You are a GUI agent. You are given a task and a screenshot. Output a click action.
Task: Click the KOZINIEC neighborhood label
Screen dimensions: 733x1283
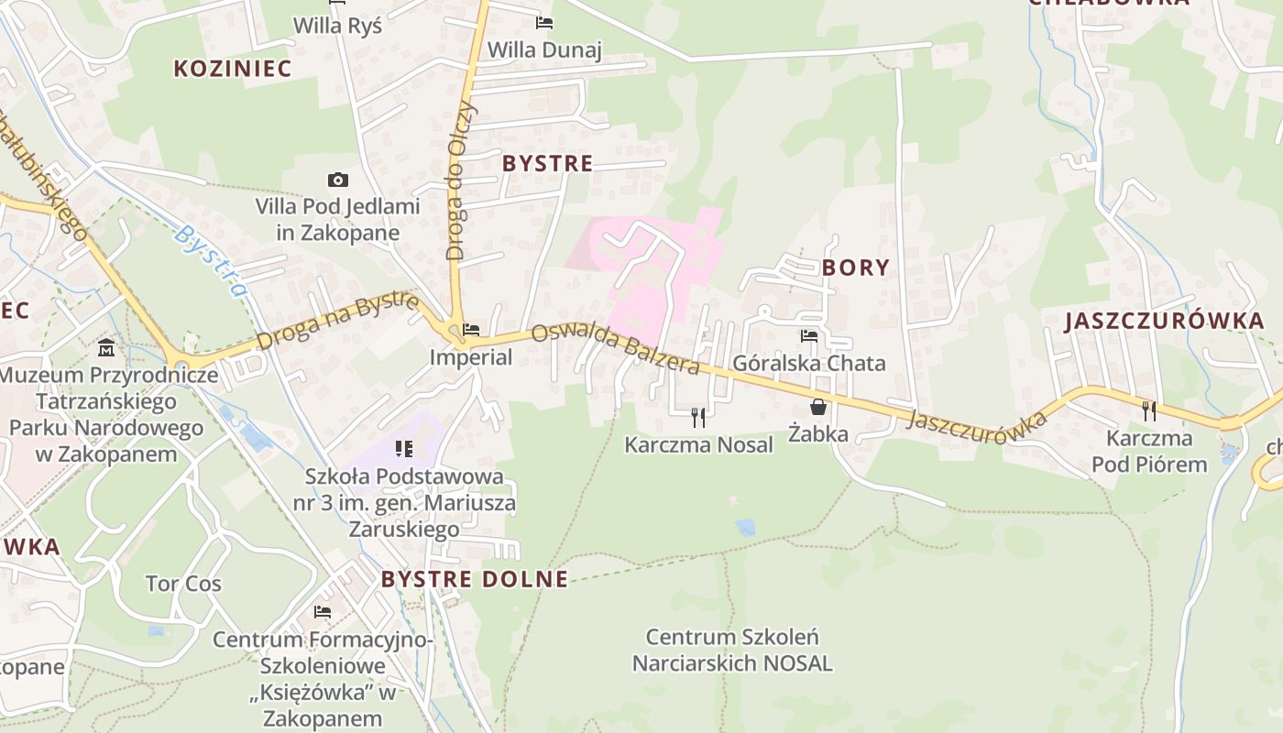pyautogui.click(x=232, y=68)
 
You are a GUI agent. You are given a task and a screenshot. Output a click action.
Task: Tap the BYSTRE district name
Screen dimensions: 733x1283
pyautogui.click(x=548, y=164)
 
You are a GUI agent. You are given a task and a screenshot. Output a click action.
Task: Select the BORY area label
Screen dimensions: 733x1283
pyautogui.click(x=855, y=268)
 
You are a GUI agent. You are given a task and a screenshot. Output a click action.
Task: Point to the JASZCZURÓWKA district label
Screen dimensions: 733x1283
pyautogui.click(x=1164, y=321)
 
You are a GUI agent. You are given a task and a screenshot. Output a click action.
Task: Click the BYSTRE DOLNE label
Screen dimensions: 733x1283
pyautogui.click(x=475, y=579)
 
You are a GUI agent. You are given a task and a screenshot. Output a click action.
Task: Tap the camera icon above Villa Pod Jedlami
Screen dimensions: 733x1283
pyautogui.click(x=337, y=181)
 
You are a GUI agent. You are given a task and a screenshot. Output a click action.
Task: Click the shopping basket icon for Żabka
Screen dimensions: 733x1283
pyautogui.click(x=817, y=407)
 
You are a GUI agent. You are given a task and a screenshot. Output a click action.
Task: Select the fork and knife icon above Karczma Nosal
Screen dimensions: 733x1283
pyautogui.click(x=698, y=418)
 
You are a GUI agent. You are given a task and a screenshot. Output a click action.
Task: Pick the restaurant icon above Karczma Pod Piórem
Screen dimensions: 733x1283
pyautogui.click(x=1149, y=410)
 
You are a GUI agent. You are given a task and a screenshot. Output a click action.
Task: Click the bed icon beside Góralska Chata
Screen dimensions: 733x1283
pyautogui.click(x=808, y=336)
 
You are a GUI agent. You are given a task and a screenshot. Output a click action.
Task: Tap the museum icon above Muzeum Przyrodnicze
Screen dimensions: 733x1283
pyautogui.click(x=106, y=349)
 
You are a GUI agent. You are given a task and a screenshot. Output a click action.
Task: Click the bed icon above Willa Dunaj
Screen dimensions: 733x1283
pyautogui.click(x=544, y=22)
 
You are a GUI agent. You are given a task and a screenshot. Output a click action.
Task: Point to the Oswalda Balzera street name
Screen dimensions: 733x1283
pyautogui.click(x=615, y=349)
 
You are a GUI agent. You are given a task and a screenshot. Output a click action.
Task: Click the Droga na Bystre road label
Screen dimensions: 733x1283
pyautogui.click(x=338, y=322)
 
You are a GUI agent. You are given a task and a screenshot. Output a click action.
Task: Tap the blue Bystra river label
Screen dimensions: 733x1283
pyautogui.click(x=212, y=261)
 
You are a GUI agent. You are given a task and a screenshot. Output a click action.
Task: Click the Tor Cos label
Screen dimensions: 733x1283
pyautogui.click(x=183, y=584)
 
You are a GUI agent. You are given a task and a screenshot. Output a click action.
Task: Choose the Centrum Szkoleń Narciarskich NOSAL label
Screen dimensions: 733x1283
pyautogui.click(x=732, y=650)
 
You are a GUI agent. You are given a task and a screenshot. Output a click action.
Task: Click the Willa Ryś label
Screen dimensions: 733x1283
pyautogui.click(x=337, y=26)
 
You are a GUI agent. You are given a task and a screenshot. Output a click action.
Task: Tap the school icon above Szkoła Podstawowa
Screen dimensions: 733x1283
pyautogui.click(x=403, y=449)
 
